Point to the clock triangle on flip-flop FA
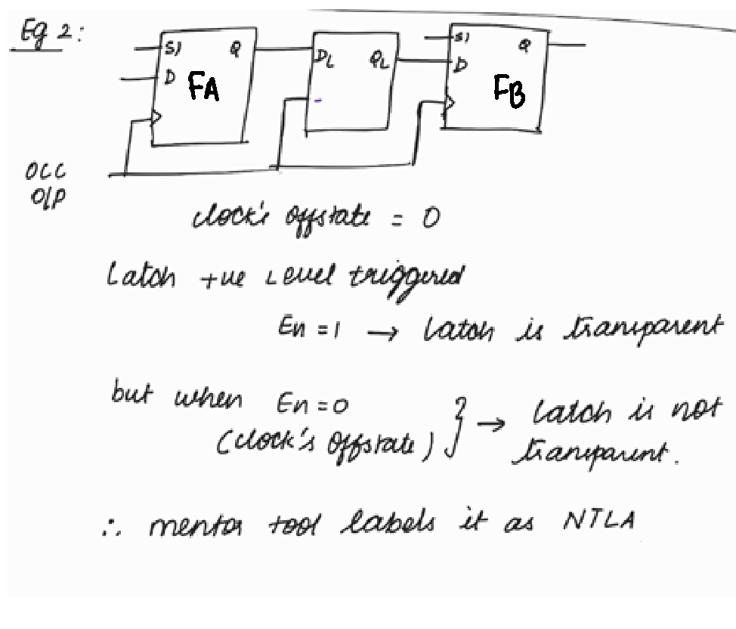[x=156, y=117]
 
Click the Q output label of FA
[x=236, y=49]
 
